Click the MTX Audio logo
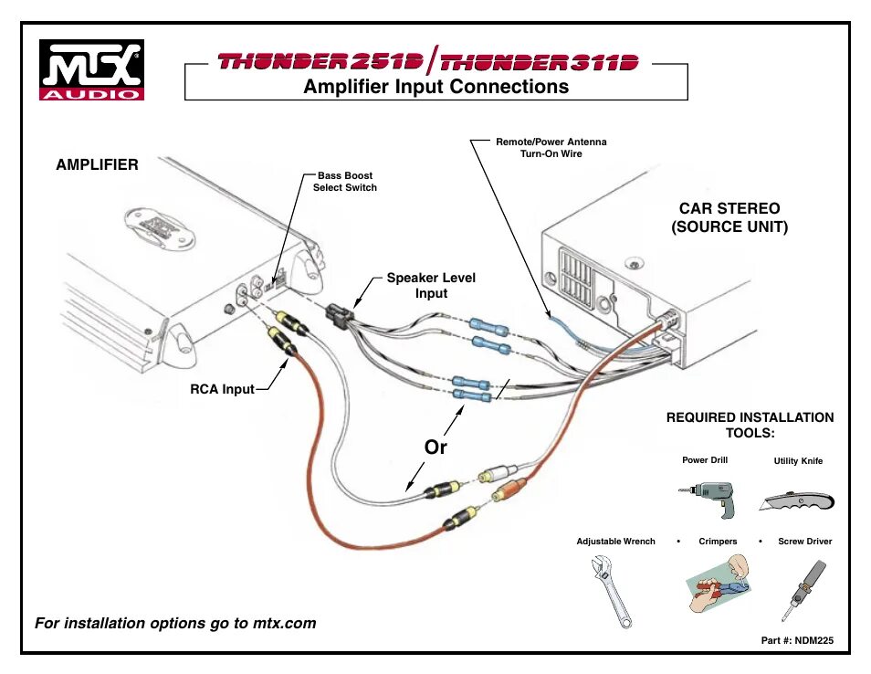click(90, 69)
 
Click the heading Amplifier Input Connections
click(435, 87)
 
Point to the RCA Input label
click(222, 390)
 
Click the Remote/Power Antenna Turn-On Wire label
click(551, 148)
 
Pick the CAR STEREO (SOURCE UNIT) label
click(729, 218)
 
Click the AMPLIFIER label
click(97, 165)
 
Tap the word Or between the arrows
click(435, 448)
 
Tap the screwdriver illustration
click(803, 588)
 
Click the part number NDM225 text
click(797, 641)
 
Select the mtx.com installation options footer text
click(175, 624)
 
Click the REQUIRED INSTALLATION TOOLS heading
click(750, 425)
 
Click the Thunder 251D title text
click(320, 62)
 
